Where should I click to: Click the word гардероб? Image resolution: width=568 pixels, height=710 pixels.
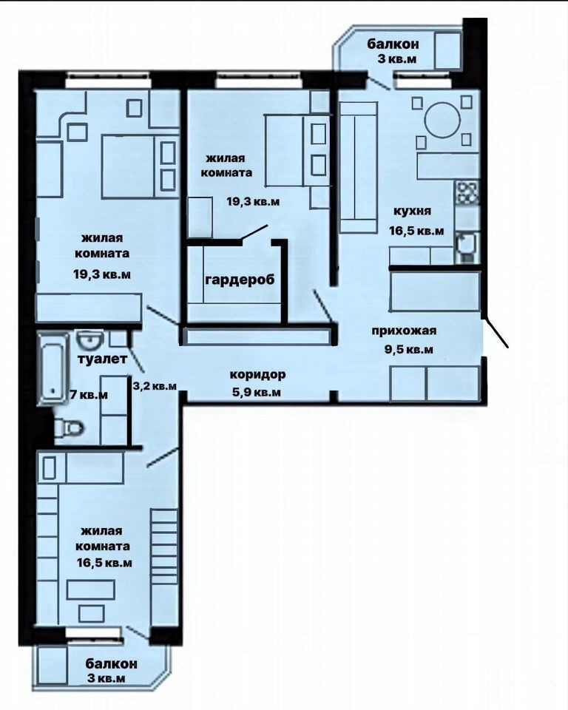click(x=240, y=280)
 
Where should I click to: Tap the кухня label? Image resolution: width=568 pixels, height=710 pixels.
click(x=412, y=211)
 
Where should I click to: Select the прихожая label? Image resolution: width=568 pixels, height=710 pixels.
click(x=404, y=331)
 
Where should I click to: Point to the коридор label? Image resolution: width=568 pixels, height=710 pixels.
click(x=257, y=376)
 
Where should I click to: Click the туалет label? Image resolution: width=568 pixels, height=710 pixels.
click(x=102, y=359)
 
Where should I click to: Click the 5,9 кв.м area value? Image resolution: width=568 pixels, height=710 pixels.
click(x=257, y=392)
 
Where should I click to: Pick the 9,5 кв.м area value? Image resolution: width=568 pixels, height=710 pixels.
click(x=409, y=350)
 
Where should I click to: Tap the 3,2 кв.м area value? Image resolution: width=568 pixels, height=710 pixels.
click(x=155, y=386)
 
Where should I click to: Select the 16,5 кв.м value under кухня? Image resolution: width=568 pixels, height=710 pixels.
click(x=416, y=231)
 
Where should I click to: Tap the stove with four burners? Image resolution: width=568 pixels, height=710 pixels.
click(x=467, y=192)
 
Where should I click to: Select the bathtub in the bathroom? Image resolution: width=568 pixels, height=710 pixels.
click(x=53, y=368)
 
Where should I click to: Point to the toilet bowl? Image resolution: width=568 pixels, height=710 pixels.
click(x=68, y=427)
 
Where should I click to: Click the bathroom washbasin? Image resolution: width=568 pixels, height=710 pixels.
click(x=90, y=339)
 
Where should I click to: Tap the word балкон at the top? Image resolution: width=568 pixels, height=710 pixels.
click(x=393, y=44)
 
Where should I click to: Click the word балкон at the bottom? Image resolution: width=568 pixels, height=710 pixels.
click(x=112, y=664)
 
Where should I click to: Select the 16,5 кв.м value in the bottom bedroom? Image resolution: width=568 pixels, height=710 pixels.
click(x=104, y=563)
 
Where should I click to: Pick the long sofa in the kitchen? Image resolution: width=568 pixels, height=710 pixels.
click(x=359, y=168)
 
